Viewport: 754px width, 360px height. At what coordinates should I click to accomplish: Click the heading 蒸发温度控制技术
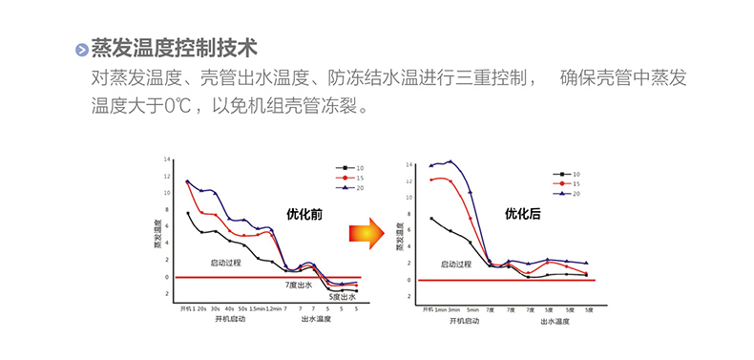point(174,48)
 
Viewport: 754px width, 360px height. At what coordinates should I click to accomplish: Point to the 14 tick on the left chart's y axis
point(167,159)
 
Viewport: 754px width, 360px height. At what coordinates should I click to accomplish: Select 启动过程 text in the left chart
point(226,262)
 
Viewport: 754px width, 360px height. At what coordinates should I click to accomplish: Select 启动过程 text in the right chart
point(456,265)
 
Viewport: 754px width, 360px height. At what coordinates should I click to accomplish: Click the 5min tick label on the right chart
point(471,310)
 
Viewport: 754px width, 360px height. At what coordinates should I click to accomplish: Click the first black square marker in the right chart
point(431,219)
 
